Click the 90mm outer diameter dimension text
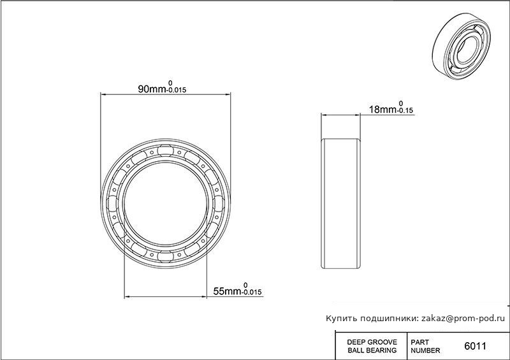click(152, 89)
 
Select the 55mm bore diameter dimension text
click(228, 291)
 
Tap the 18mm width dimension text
click(383, 110)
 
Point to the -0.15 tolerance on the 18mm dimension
click(405, 111)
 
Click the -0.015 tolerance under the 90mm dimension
click(177, 90)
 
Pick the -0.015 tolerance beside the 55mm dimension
click(252, 292)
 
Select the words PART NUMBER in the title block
click(425, 347)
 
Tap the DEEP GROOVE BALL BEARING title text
click(372, 347)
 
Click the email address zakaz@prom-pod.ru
click(463, 319)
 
